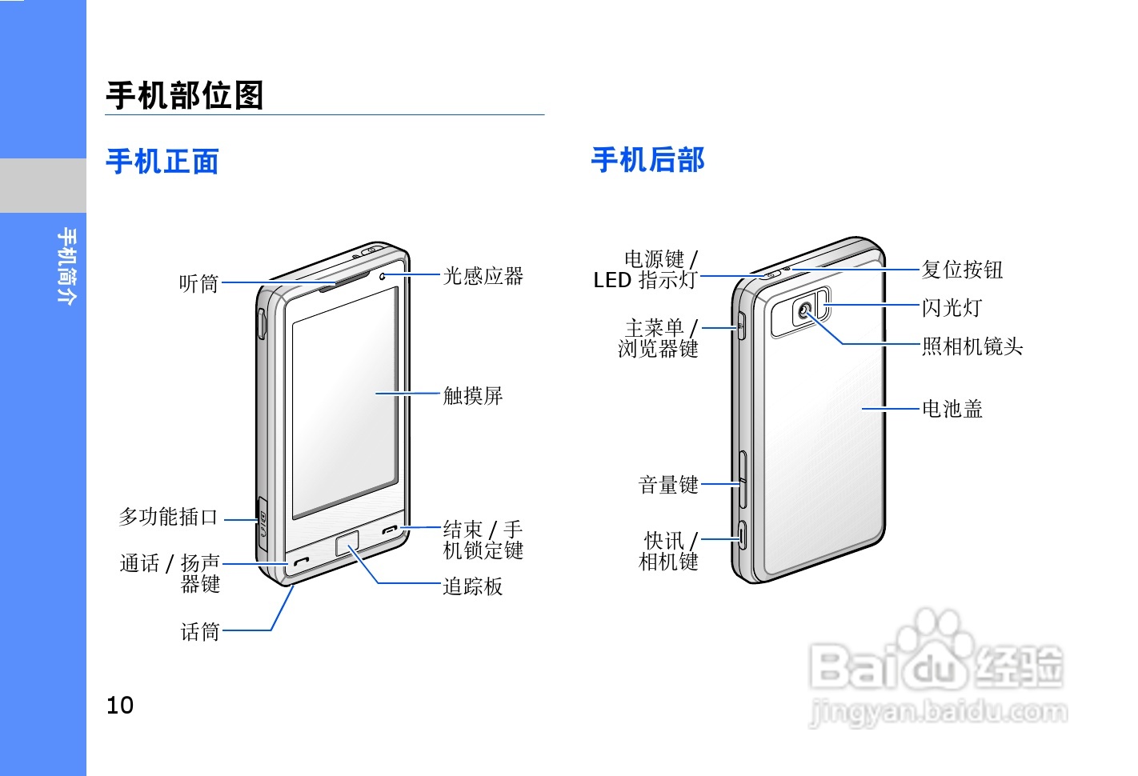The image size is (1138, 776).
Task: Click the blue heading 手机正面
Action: tap(162, 162)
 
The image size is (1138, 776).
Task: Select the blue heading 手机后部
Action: tap(648, 160)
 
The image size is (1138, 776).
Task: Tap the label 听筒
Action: tap(198, 283)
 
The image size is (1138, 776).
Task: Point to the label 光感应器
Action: tap(483, 277)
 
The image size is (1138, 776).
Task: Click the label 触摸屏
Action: tap(473, 396)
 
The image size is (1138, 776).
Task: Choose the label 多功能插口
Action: tap(168, 518)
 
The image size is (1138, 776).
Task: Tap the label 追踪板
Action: tap(473, 587)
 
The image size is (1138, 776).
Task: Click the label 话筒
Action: tap(200, 633)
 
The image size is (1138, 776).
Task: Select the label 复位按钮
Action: tap(962, 270)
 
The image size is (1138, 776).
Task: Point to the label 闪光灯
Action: tap(952, 308)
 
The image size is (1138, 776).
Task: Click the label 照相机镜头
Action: tap(972, 346)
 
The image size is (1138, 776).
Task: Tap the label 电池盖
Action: tap(952, 410)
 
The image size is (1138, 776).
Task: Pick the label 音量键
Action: tap(669, 485)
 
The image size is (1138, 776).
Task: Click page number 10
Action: tap(120, 705)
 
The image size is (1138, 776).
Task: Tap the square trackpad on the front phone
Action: tap(347, 543)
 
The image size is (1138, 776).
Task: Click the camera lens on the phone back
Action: tap(805, 310)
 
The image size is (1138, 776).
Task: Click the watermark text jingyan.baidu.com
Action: tap(939, 711)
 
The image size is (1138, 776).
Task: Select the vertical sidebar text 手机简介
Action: tap(67, 266)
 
